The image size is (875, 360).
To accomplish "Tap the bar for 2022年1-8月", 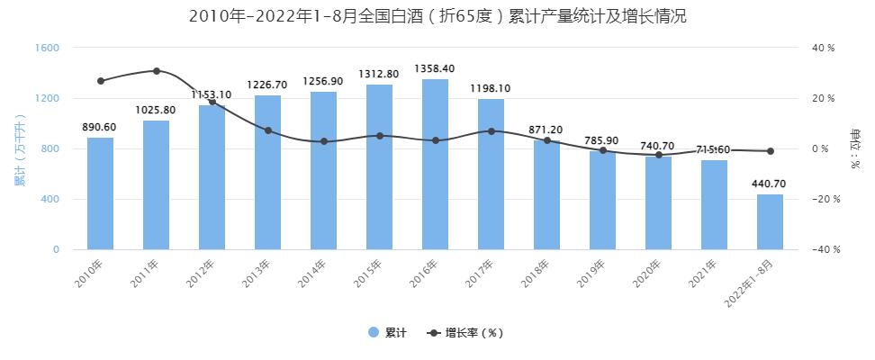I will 771,221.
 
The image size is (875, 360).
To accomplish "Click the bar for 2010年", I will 101,193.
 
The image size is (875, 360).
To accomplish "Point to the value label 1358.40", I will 435,68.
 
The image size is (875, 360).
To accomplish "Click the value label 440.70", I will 770,183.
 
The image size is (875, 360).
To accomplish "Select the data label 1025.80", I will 156,110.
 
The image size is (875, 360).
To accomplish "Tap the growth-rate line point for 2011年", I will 157,71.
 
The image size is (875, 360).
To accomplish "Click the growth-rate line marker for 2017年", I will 492,131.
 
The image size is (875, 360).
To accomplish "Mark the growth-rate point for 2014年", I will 324,141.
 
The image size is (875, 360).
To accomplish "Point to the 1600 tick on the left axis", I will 48,48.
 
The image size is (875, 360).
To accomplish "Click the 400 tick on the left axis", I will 50,199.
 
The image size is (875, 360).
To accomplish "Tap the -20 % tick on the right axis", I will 823,199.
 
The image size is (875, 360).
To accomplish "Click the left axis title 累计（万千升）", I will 19,148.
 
